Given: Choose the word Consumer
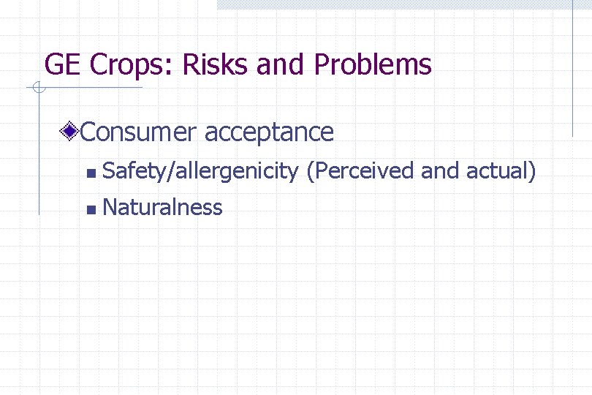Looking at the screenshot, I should pyautogui.click(x=138, y=132).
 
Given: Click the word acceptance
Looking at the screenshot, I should pyautogui.click(x=269, y=132).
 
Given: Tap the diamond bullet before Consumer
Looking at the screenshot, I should pyautogui.click(x=70, y=132).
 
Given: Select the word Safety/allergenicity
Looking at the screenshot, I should pyautogui.click(x=200, y=172).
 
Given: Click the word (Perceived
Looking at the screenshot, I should pyautogui.click(x=361, y=172).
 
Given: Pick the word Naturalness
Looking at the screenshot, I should pyautogui.click(x=162, y=208).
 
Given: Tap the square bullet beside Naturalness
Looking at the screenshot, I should pyautogui.click(x=89, y=210).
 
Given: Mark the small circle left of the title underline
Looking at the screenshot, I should pyautogui.click(x=38, y=89).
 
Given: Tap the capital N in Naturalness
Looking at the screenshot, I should pyautogui.click(x=112, y=208).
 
